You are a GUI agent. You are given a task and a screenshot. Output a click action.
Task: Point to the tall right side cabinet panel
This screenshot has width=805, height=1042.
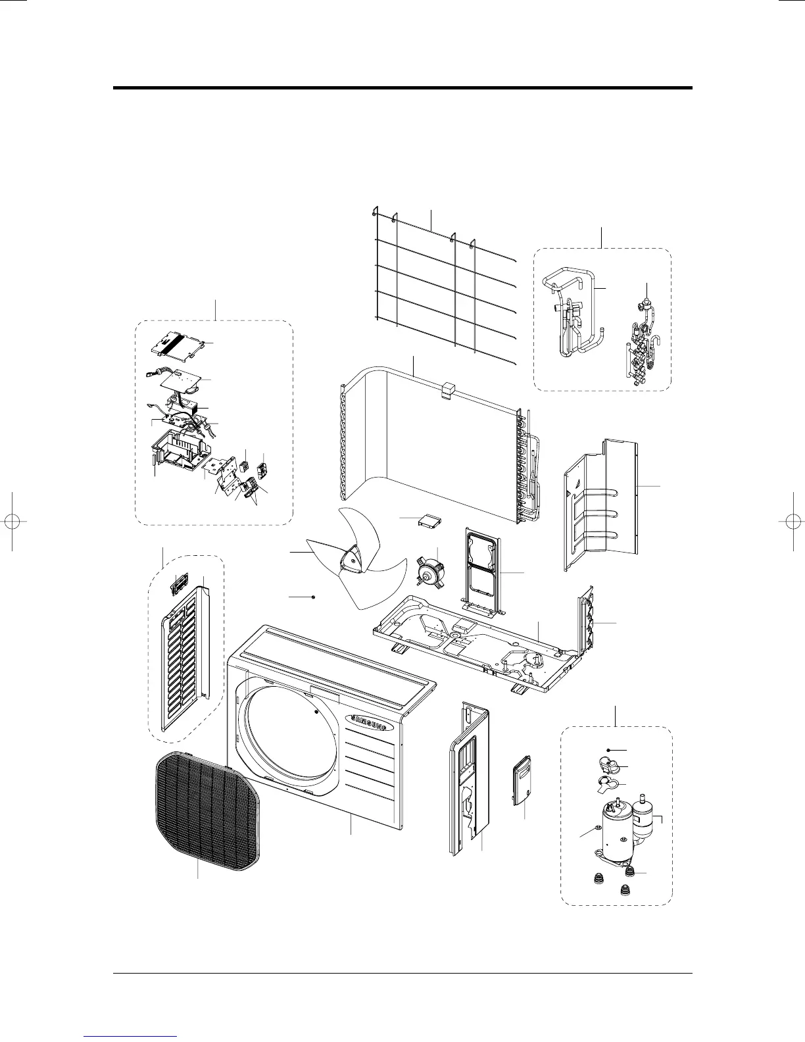click(x=468, y=780)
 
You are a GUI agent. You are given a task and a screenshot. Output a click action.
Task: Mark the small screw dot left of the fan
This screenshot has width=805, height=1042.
click(x=314, y=597)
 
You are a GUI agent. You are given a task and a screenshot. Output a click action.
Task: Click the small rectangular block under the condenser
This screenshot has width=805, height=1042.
click(x=427, y=522)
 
